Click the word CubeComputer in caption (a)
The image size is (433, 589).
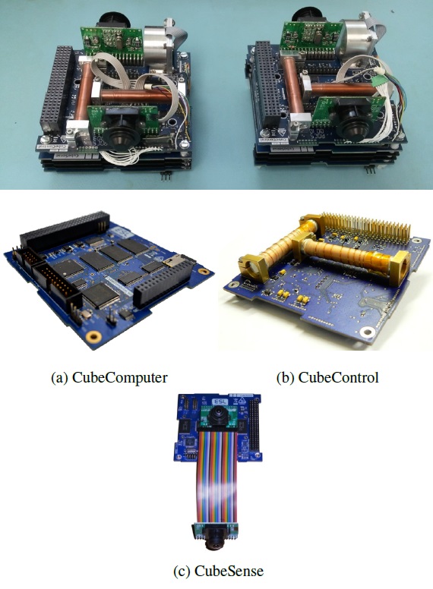119,377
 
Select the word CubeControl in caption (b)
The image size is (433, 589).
338,377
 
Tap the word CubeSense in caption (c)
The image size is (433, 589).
229,571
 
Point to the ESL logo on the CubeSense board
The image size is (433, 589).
219,402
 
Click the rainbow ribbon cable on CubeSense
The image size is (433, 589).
216,477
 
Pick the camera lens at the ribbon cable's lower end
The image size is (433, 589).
216,537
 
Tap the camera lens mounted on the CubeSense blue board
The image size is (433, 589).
217,414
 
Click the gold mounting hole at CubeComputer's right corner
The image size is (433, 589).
204,271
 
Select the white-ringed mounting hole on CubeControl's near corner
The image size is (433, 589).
366,332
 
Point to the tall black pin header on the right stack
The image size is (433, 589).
269,83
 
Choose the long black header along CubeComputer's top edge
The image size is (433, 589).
64,230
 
